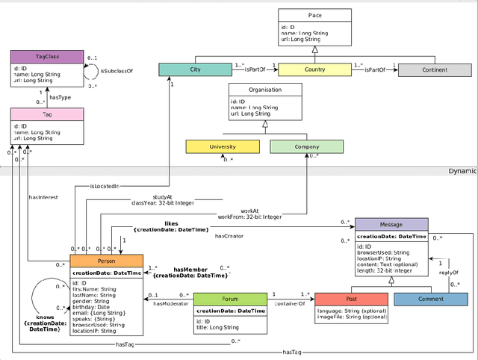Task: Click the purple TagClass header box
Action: (x=42, y=57)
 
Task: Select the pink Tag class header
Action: (x=42, y=115)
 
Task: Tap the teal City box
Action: (x=195, y=70)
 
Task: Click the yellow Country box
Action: (x=314, y=70)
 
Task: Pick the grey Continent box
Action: (x=433, y=70)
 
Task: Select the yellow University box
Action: (x=223, y=147)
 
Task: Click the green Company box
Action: (x=305, y=147)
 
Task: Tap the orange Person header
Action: (x=106, y=261)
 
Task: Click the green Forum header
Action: (x=230, y=299)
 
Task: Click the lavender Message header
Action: (x=391, y=225)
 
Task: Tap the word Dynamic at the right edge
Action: (x=462, y=170)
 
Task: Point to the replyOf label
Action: (x=448, y=273)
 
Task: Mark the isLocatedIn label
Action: (x=105, y=186)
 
